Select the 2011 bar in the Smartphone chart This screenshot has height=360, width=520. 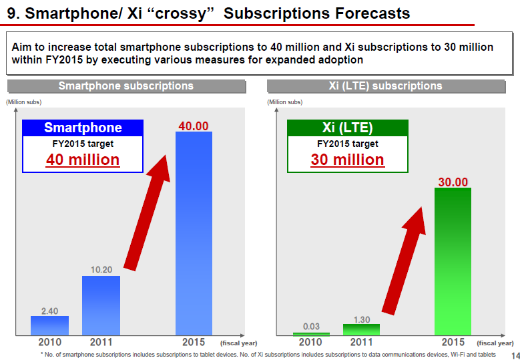[x=101, y=305]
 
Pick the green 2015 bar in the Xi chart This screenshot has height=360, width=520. [x=453, y=260]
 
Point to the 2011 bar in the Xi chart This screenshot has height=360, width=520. [x=361, y=329]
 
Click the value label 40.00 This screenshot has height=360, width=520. [x=194, y=126]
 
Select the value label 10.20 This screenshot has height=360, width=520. [x=101, y=270]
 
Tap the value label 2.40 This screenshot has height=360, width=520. [x=49, y=311]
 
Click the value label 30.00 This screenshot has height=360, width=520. [x=453, y=182]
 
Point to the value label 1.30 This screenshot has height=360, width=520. [x=361, y=319]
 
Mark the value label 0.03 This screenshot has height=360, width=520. [x=311, y=327]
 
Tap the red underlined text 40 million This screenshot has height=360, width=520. [x=83, y=160]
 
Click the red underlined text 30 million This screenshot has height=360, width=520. [x=347, y=160]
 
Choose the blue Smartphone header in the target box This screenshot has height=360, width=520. [x=83, y=128]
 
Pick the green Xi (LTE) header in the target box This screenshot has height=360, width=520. [x=347, y=128]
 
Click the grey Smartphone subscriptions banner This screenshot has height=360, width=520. [x=126, y=86]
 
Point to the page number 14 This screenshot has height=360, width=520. [x=514, y=355]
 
